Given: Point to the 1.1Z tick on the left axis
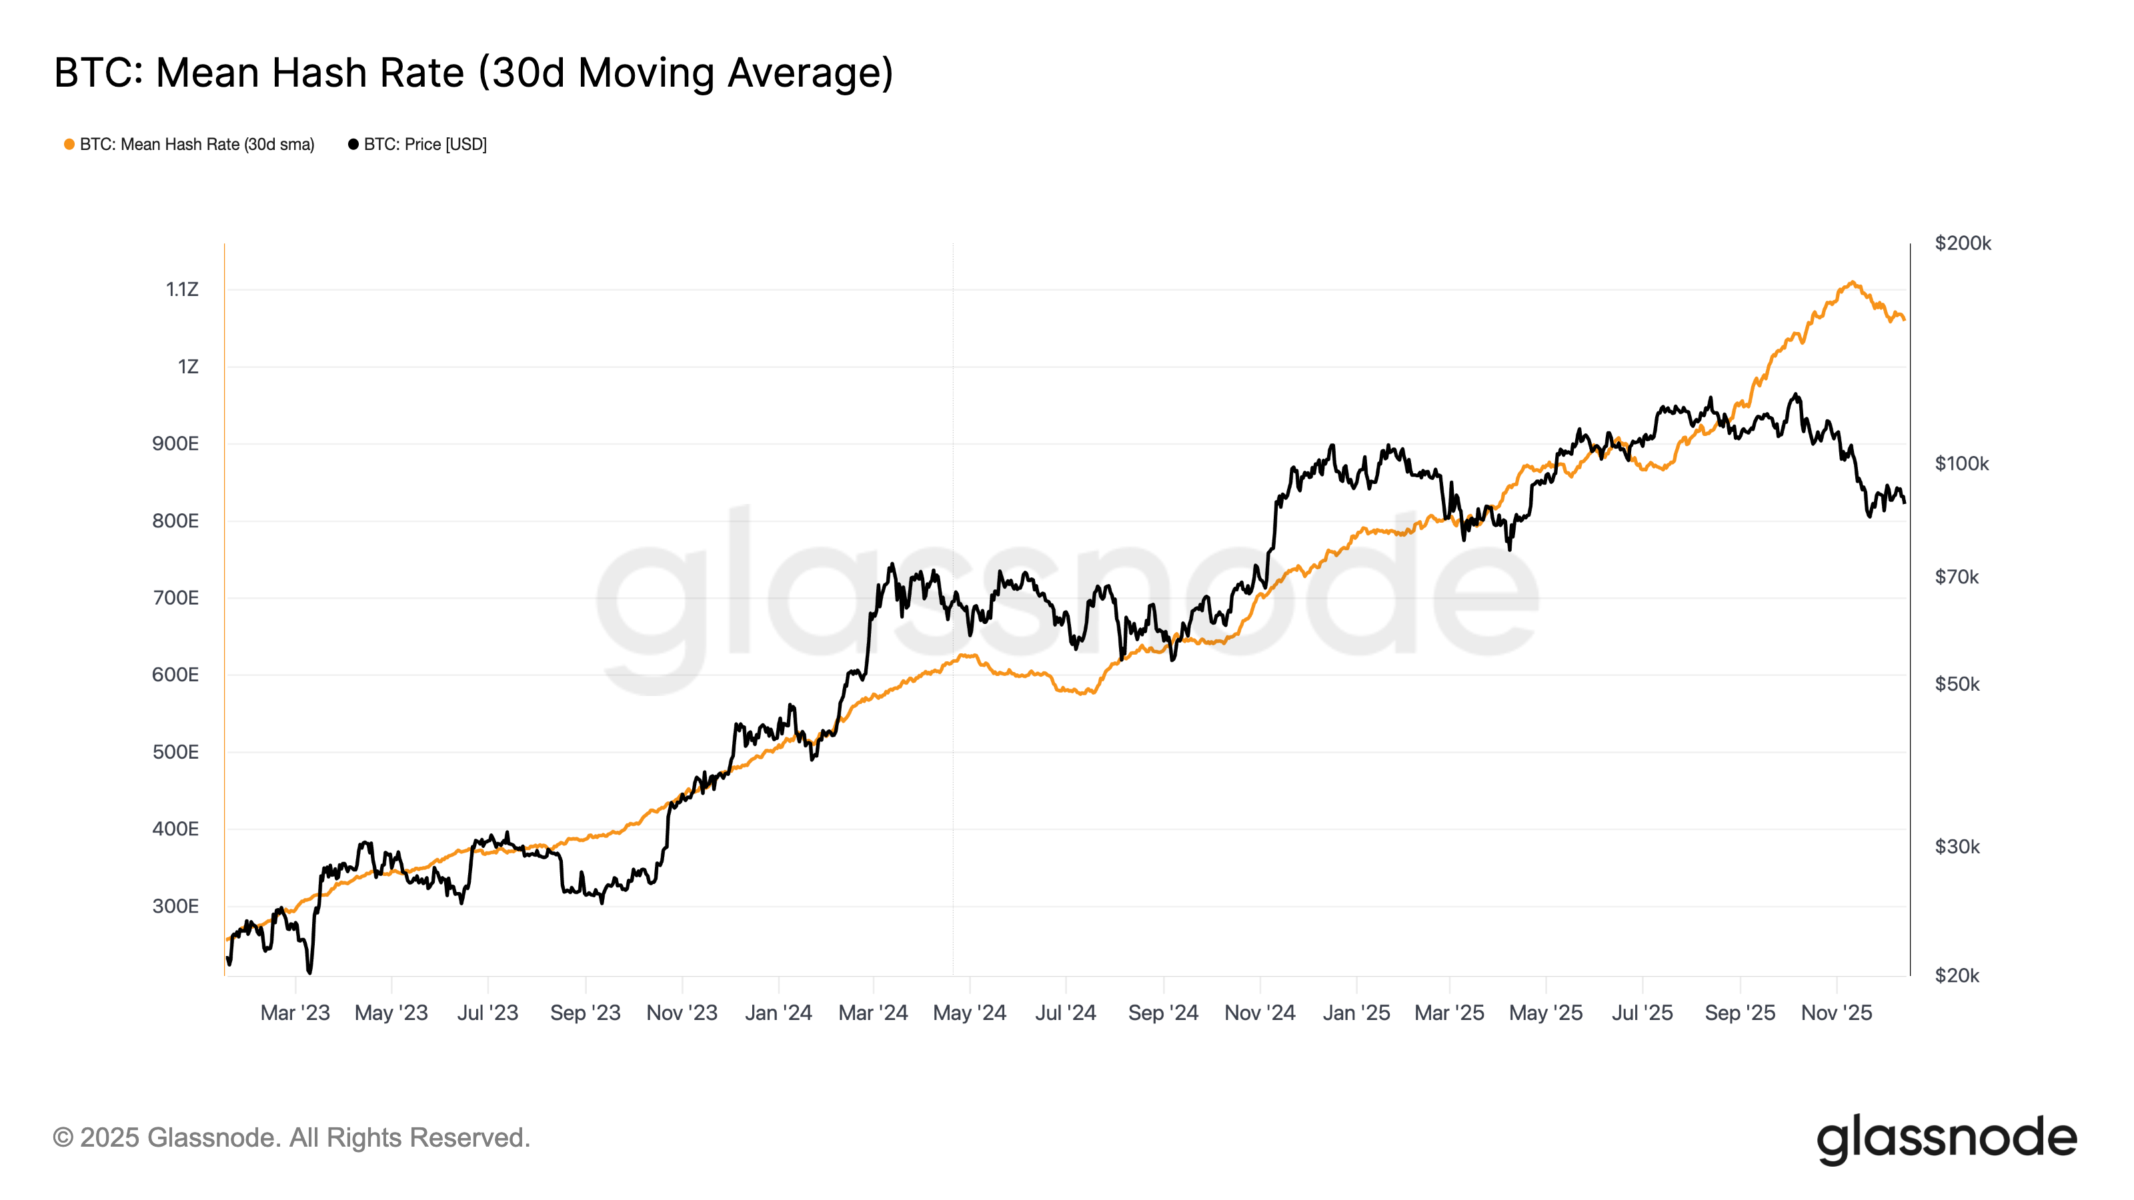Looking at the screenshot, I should tap(181, 290).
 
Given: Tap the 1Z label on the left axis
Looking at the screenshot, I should tap(188, 367).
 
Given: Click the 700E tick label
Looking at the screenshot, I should tap(175, 598).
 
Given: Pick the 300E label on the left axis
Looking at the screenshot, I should tap(175, 906).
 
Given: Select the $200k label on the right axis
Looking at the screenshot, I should tap(1963, 243).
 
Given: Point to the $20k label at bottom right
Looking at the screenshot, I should tap(1957, 975).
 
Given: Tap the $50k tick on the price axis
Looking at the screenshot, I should tap(1957, 684).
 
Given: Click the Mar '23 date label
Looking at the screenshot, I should tap(295, 1013).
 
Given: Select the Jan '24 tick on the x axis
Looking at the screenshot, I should tap(778, 1013).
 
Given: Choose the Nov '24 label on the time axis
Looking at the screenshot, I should tap(1259, 1013).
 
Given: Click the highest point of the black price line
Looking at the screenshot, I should tap(1795, 395).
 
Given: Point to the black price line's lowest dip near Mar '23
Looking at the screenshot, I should tap(310, 971).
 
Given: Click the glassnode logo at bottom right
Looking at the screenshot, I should tap(1946, 1139).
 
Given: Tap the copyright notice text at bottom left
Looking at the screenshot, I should tap(291, 1138).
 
